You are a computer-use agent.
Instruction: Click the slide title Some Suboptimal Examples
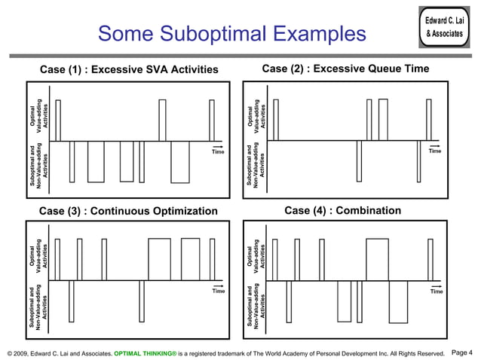[231, 34]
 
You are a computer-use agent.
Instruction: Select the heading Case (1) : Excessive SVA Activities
[129, 70]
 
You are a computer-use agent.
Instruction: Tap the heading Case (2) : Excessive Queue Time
[345, 69]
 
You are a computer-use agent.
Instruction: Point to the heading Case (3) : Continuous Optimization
[128, 210]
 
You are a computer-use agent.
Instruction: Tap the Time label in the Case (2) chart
[435, 151]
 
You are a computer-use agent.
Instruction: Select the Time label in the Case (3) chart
[218, 290]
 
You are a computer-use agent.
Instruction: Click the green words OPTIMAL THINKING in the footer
[145, 352]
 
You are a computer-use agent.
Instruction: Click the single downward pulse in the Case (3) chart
[71, 300]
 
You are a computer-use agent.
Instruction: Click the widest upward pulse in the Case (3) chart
[160, 259]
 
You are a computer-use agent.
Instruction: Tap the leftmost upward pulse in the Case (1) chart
[58, 120]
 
